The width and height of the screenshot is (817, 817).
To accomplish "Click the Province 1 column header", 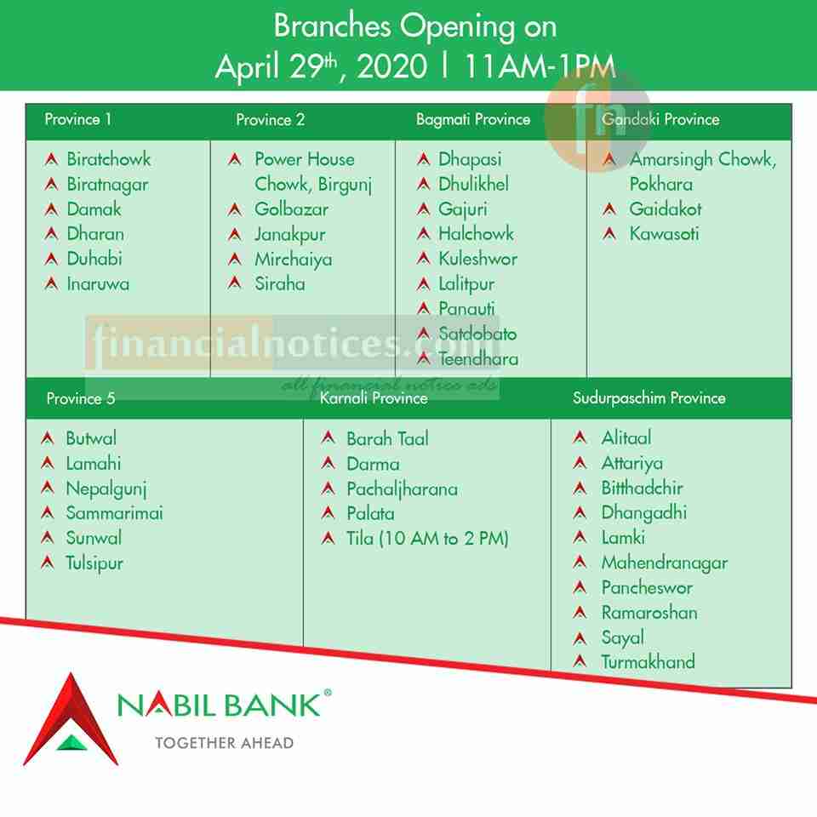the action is pos(77,119).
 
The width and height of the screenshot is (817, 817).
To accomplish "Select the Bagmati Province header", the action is pos(473,120).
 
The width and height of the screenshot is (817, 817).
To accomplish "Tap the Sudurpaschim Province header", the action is pos(648,398).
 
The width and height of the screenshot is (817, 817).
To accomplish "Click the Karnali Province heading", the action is pos(374,398).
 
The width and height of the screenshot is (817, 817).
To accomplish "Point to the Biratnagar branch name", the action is pos(107,185).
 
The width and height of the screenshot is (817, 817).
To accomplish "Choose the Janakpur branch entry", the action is pos(289,235).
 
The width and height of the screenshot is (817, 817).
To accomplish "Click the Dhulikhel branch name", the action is pos(473,184).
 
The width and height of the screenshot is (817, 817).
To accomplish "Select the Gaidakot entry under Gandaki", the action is pos(666,209).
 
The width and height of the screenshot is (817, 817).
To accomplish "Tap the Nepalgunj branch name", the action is pos(106,488).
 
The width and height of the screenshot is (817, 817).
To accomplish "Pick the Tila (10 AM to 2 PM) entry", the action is pos(427,538).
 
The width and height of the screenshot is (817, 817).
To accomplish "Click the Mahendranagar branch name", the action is pos(665,563).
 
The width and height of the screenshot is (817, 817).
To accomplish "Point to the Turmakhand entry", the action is pos(648,662).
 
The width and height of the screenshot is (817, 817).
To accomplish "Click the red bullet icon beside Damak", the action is pos(51,209).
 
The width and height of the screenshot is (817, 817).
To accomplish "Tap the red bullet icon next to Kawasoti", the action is pos(609,234).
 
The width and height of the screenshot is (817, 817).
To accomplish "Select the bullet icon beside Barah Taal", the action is pos(329,437).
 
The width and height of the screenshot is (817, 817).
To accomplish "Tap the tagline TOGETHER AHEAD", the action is pos(224,743).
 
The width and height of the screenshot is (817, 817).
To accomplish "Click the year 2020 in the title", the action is pos(391,66).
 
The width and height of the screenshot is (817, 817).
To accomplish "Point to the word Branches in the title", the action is pos(333,26).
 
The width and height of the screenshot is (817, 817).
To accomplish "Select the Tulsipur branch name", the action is pos(94,563).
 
